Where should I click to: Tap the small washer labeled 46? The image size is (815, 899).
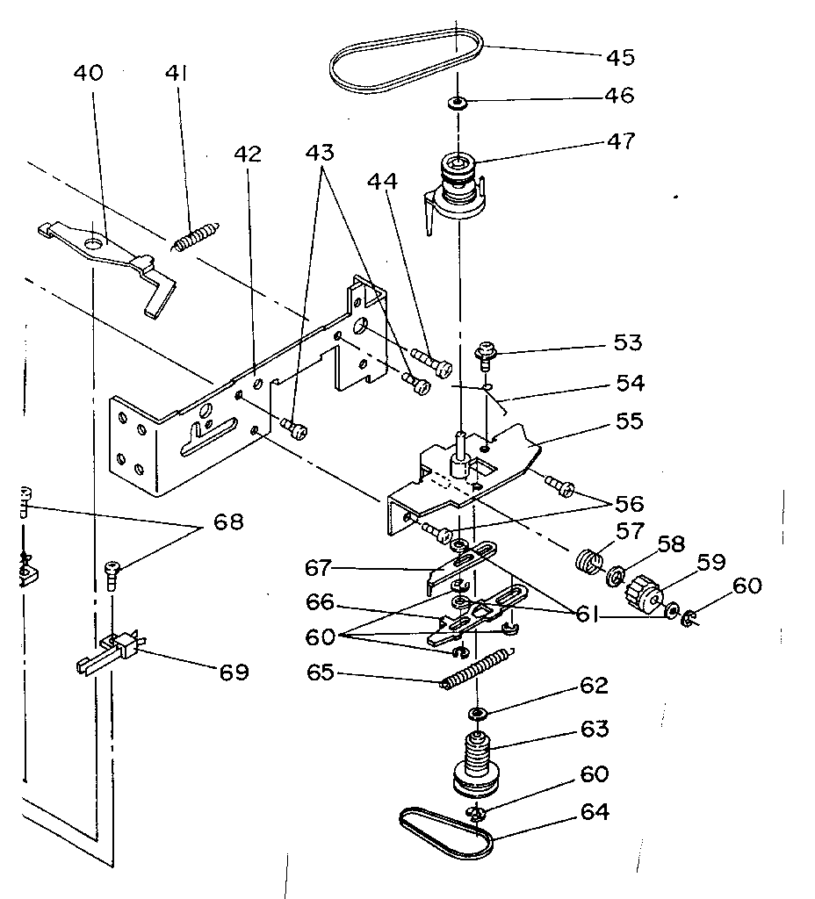pos(458,103)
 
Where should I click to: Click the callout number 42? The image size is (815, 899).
pos(248,155)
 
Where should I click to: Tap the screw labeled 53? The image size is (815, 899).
pos(484,353)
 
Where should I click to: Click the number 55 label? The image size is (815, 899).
pos(628,421)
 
